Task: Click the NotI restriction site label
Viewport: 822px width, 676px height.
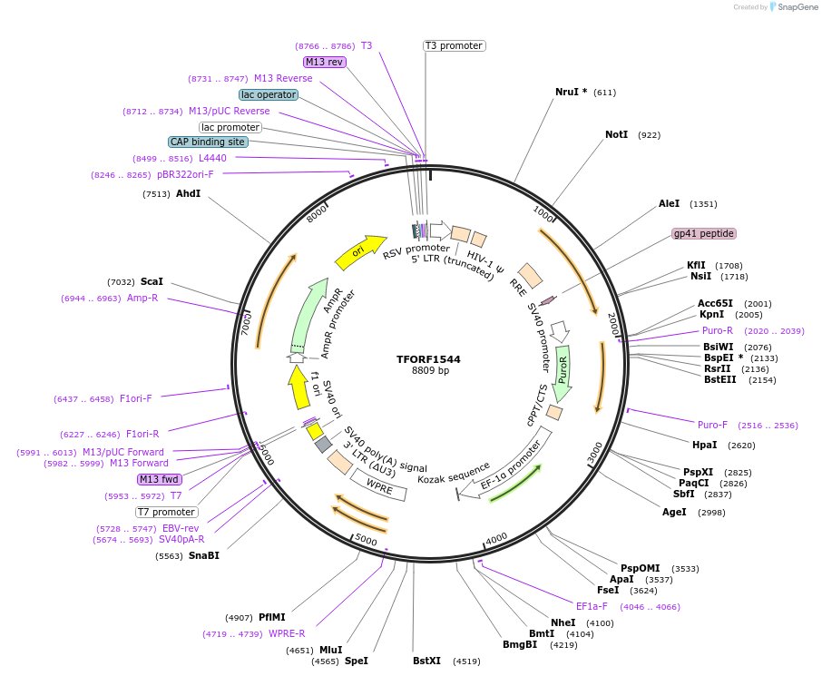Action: (x=616, y=134)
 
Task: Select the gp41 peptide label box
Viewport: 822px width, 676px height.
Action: (x=704, y=233)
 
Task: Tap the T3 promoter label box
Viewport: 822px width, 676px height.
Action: (x=454, y=45)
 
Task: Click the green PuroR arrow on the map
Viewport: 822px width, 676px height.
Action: (x=563, y=373)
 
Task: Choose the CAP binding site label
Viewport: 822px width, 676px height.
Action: (x=207, y=142)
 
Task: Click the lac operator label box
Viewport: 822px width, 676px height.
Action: (x=268, y=94)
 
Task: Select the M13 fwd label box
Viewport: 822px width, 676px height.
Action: (x=159, y=479)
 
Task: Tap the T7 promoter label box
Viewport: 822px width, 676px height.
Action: (x=167, y=512)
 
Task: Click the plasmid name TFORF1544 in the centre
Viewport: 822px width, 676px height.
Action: (x=428, y=359)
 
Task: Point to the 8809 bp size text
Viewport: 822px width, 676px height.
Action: (x=430, y=371)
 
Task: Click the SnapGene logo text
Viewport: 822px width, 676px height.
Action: (x=798, y=7)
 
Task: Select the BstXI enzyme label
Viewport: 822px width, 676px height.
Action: (x=426, y=661)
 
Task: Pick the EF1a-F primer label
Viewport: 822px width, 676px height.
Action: (x=594, y=606)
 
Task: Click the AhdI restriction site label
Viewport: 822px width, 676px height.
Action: (x=188, y=193)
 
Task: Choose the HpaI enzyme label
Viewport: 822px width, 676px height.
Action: (x=704, y=445)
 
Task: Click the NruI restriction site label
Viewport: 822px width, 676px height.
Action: (x=571, y=92)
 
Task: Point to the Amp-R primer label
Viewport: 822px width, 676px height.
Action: (x=142, y=298)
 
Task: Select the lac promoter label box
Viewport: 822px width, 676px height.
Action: (x=230, y=127)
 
